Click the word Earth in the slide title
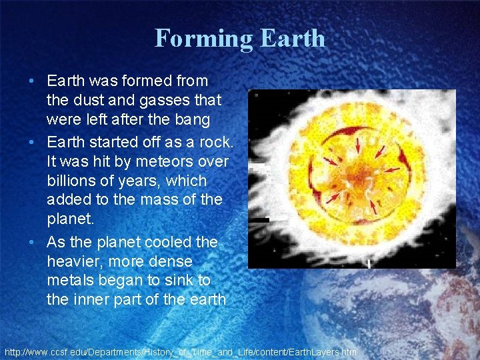(293, 38)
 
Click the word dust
(87, 101)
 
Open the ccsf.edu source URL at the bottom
(181, 351)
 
